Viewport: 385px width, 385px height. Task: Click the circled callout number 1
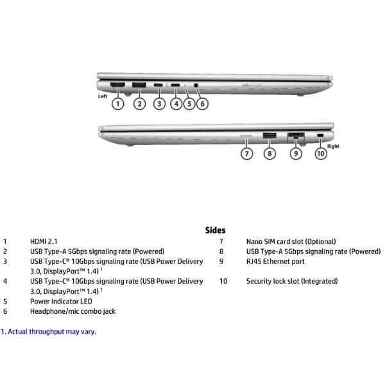click(118, 103)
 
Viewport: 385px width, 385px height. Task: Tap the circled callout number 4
click(176, 103)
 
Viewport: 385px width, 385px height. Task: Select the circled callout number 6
click(202, 103)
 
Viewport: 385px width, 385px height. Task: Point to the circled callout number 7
click(247, 153)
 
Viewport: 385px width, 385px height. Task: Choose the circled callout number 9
click(295, 153)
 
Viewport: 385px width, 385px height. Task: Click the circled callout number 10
click(321, 153)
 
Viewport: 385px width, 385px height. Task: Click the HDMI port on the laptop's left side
click(117, 85)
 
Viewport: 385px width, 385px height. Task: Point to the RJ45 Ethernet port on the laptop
click(295, 135)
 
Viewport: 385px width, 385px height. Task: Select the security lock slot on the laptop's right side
click(321, 135)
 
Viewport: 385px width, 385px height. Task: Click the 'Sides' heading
click(215, 230)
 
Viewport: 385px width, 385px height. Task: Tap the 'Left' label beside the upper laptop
click(102, 96)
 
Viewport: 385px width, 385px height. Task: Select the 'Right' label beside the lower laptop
click(333, 146)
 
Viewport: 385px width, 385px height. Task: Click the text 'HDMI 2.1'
click(44, 241)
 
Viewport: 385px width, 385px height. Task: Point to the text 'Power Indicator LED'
click(61, 301)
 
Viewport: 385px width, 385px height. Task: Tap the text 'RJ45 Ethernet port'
click(275, 261)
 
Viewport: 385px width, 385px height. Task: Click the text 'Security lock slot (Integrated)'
click(292, 281)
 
